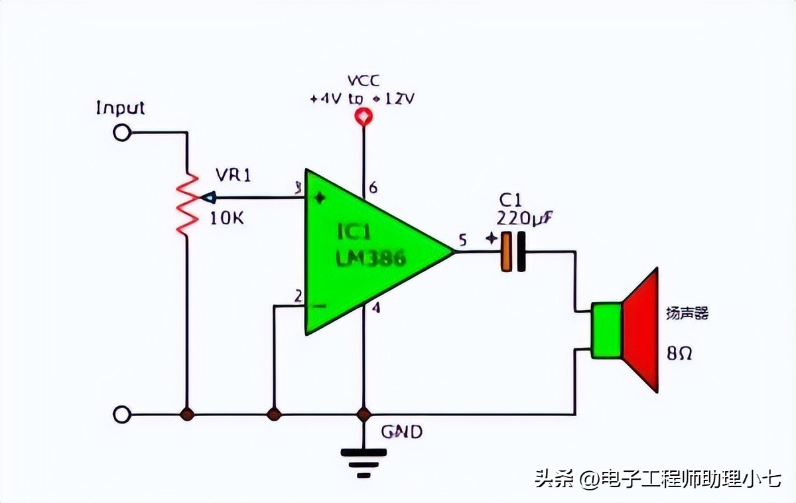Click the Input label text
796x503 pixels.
[x=120, y=108]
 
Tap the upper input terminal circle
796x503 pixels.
[x=121, y=133]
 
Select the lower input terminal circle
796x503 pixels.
[x=121, y=415]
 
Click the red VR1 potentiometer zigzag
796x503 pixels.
[x=186, y=202]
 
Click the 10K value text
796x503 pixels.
[x=226, y=218]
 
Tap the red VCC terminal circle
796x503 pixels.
[x=363, y=118]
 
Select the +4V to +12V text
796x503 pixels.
[x=362, y=99]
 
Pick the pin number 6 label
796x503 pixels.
[x=373, y=188]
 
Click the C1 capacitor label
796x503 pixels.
[x=510, y=200]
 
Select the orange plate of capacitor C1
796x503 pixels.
[x=507, y=252]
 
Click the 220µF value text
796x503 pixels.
[x=524, y=218]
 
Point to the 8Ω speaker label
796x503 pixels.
[x=679, y=353]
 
